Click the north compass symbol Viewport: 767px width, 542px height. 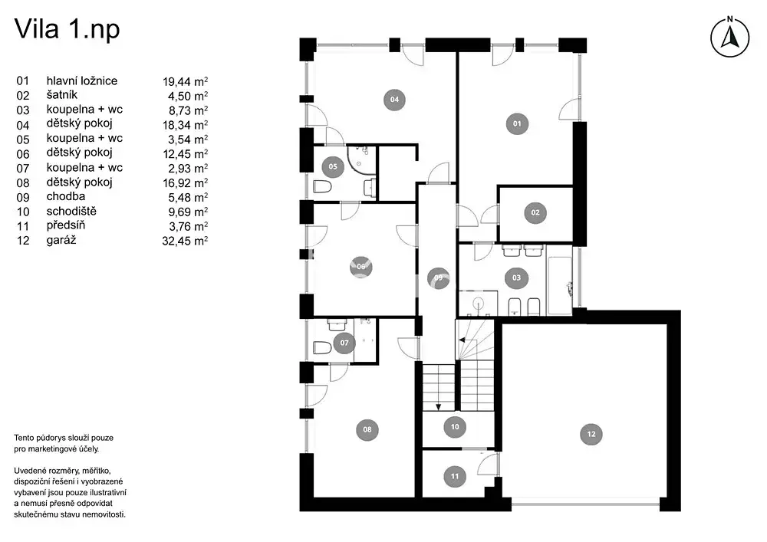pyautogui.click(x=730, y=37)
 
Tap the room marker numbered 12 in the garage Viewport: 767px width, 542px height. pyautogui.click(x=591, y=434)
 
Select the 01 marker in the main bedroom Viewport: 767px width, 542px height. pyautogui.click(x=517, y=123)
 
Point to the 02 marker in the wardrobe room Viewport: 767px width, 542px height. pyautogui.click(x=535, y=212)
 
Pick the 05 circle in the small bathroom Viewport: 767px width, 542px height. pyautogui.click(x=333, y=166)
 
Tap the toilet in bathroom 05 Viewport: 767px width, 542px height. pyautogui.click(x=322, y=187)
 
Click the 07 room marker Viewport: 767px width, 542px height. pyautogui.click(x=344, y=343)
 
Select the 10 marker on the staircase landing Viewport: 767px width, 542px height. pyautogui.click(x=455, y=427)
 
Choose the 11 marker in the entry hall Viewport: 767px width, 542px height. pyautogui.click(x=455, y=477)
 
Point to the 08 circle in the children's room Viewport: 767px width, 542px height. pyautogui.click(x=367, y=429)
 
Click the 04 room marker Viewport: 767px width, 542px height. pyautogui.click(x=394, y=99)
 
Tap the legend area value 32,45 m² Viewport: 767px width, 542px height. pyautogui.click(x=185, y=241)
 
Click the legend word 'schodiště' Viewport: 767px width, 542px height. pyautogui.click(x=71, y=211)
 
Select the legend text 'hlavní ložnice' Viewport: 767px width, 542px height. pyautogui.click(x=82, y=80)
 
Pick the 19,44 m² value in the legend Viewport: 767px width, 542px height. pyautogui.click(x=186, y=81)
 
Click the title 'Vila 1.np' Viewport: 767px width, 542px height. pyautogui.click(x=67, y=29)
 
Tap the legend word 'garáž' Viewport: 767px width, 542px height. pyautogui.click(x=61, y=240)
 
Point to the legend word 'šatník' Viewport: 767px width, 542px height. pyautogui.click(x=61, y=95)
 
